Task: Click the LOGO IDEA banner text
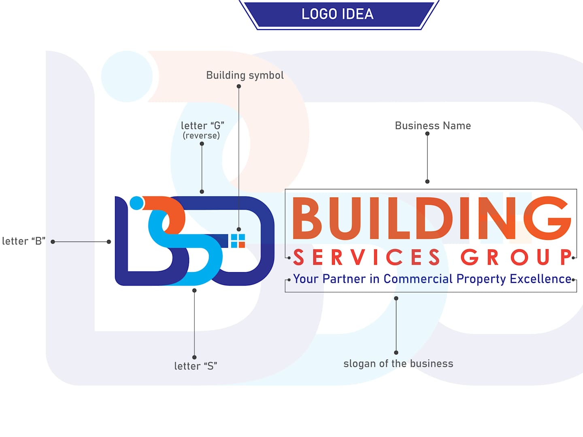click(337, 14)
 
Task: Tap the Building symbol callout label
click(245, 75)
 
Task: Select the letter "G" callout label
click(202, 125)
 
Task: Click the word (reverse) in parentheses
click(201, 136)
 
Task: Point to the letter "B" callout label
click(23, 241)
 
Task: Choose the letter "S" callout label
click(196, 366)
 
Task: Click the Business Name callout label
click(433, 125)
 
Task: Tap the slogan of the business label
click(398, 363)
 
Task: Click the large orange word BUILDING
click(432, 218)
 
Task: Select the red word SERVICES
click(366, 257)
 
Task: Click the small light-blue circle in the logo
click(136, 203)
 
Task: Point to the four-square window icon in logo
click(238, 241)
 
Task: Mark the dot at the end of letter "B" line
click(109, 242)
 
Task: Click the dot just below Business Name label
click(428, 134)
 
